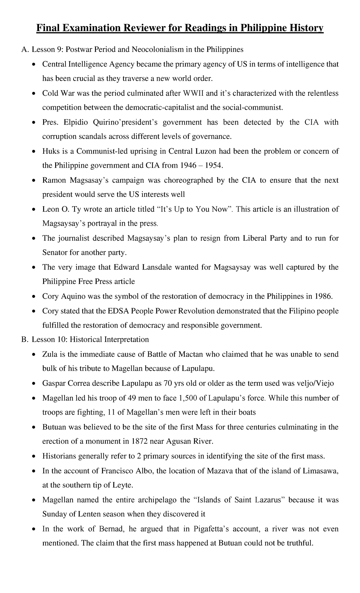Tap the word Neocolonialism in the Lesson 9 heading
(160, 50)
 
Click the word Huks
(51, 151)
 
